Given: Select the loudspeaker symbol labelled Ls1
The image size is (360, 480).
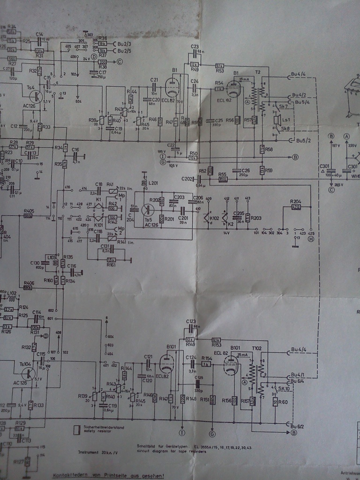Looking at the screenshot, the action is pos(276,119).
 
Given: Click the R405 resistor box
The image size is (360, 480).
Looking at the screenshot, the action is pos(29,216).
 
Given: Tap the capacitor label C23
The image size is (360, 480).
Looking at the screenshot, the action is pos(195,46).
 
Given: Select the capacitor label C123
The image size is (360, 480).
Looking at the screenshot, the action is pos(190,322).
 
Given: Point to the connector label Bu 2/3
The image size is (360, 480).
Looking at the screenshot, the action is pos(124,44).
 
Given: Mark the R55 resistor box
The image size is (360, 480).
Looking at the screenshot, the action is pos(223,179).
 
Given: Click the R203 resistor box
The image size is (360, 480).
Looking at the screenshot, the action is pos(247,218).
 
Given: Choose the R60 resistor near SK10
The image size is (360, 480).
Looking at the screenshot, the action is pos(275,402).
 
